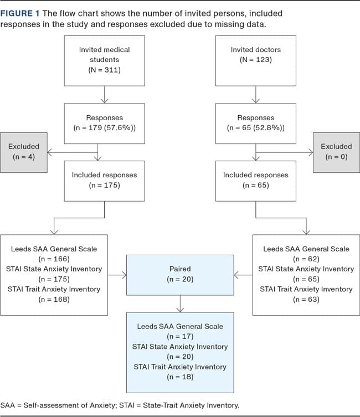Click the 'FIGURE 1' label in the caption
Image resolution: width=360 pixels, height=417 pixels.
pyautogui.click(x=21, y=13)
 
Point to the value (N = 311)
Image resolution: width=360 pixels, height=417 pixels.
pyautogui.click(x=104, y=70)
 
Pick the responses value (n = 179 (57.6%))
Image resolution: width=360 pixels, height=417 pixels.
pyautogui.click(x=104, y=128)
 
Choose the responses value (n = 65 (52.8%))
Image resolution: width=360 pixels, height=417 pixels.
pyautogui.click(x=255, y=128)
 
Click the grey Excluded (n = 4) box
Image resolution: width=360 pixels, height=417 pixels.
pyautogui.click(x=24, y=151)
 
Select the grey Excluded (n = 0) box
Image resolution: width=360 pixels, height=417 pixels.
pyautogui.click(x=336, y=151)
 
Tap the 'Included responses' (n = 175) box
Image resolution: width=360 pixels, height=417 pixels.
pyautogui.click(x=104, y=180)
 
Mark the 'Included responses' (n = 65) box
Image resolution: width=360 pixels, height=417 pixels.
pyautogui.click(x=255, y=180)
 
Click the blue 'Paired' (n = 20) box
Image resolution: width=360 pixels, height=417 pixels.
pyautogui.click(x=180, y=275)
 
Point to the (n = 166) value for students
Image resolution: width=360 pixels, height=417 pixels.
pyautogui.click(x=54, y=259)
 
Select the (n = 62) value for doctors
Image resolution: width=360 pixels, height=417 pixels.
pyautogui.click(x=305, y=259)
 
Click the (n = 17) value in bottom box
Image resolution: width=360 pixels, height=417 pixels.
pyautogui.click(x=180, y=336)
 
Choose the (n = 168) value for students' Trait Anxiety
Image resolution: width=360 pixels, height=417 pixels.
pyautogui.click(x=54, y=299)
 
